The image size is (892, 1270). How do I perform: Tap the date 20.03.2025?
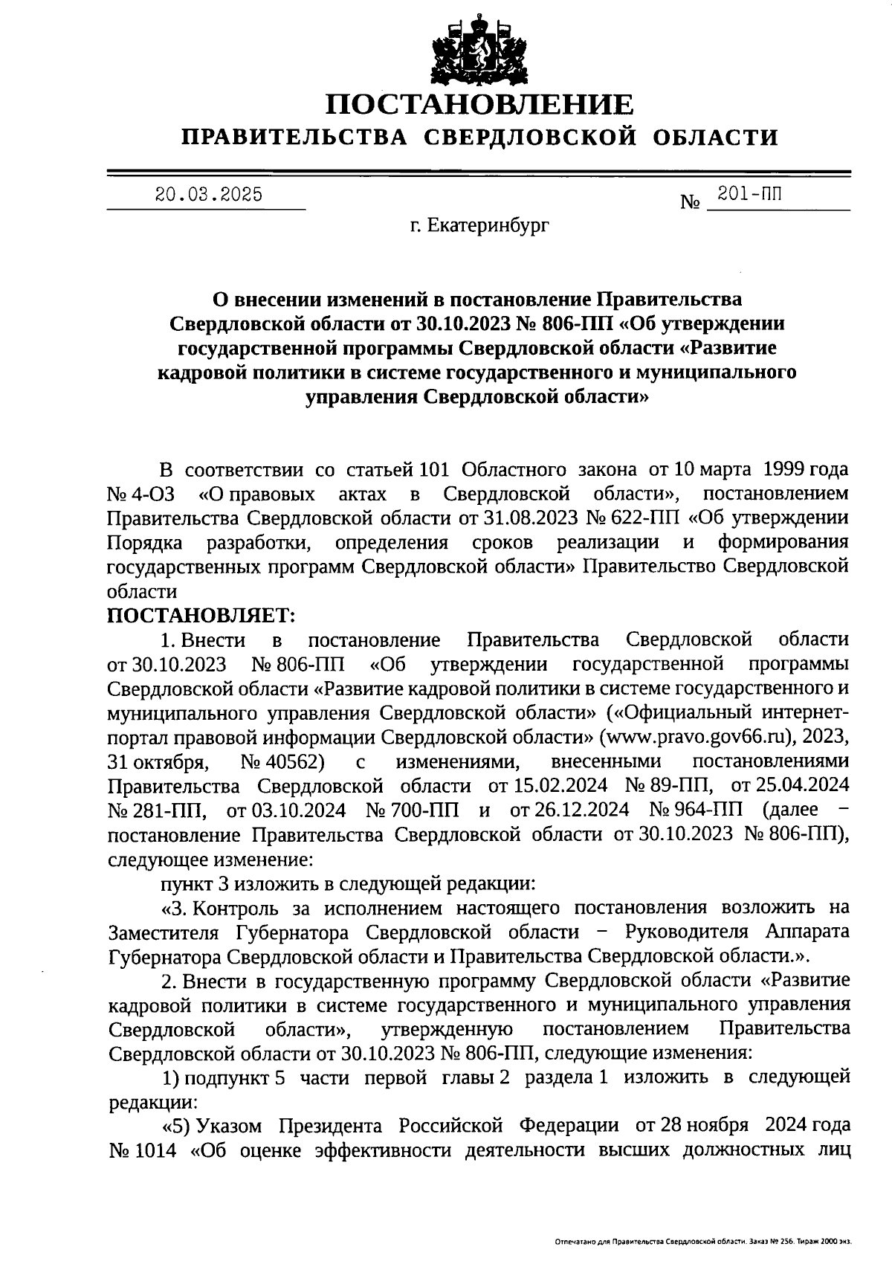click(x=209, y=195)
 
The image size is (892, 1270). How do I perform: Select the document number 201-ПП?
click(x=749, y=195)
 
